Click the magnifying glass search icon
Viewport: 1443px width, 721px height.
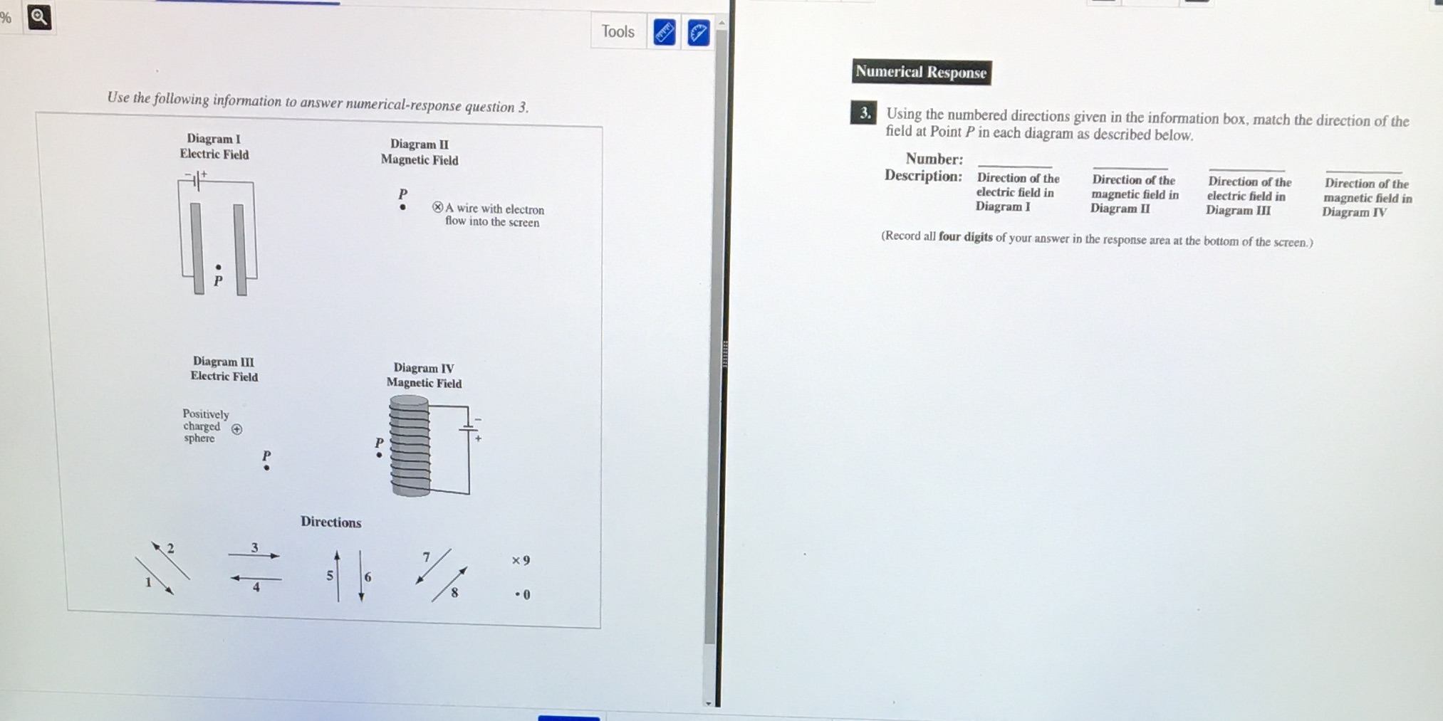coord(39,17)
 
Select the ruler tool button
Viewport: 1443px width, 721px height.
coord(664,33)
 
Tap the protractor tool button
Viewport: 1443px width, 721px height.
coord(698,33)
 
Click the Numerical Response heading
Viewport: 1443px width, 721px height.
coord(921,72)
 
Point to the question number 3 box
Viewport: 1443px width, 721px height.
coord(864,113)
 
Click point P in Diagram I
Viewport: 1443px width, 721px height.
coord(219,268)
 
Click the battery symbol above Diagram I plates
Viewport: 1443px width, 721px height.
coord(197,179)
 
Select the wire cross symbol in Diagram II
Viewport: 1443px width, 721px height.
coord(437,207)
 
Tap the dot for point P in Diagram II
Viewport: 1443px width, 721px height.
coord(403,208)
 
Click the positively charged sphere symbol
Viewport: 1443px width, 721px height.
coord(237,429)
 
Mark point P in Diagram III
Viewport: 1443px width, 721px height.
coord(266,468)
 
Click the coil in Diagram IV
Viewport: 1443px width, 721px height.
coord(410,446)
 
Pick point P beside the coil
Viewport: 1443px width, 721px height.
coord(379,455)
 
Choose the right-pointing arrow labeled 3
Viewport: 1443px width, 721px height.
coord(254,555)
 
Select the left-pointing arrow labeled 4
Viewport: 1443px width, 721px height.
coord(255,579)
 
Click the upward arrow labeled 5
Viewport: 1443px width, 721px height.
coord(338,575)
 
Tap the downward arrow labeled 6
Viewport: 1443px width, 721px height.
coord(361,575)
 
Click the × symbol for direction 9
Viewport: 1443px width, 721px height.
coord(515,561)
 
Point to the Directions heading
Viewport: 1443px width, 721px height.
coord(330,522)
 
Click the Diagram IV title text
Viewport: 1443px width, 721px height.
coord(423,368)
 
